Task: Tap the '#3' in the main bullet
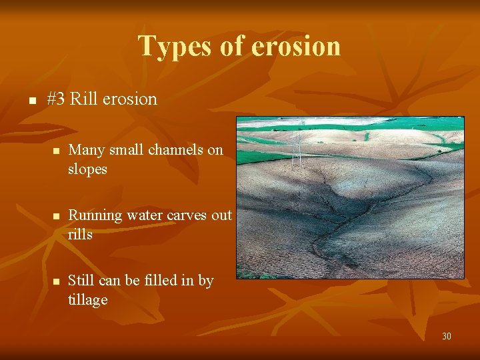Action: point(56,99)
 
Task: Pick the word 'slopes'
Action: point(87,169)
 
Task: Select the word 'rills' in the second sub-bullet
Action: point(80,235)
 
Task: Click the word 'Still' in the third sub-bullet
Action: point(81,281)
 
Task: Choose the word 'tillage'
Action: point(87,300)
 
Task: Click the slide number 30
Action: point(446,336)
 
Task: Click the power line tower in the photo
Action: point(298,150)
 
